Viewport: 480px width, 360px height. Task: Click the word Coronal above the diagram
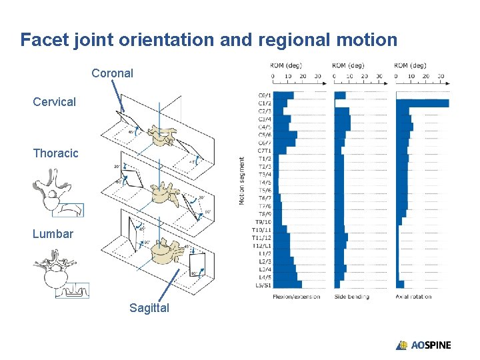pyautogui.click(x=112, y=73)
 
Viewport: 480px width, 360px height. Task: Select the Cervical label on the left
pyautogui.click(x=55, y=102)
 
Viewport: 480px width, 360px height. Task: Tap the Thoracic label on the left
pyautogui.click(x=55, y=153)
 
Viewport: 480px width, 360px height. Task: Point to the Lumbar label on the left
pyautogui.click(x=53, y=234)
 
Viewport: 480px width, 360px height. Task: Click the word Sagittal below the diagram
pyautogui.click(x=149, y=308)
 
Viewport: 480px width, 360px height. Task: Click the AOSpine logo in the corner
pyautogui.click(x=423, y=345)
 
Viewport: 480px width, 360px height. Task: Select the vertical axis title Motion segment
pyautogui.click(x=242, y=181)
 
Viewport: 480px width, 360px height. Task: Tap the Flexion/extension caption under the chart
pyautogui.click(x=296, y=297)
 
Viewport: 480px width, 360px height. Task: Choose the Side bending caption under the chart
pyautogui.click(x=351, y=297)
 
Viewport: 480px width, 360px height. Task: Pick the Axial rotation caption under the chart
pyautogui.click(x=413, y=297)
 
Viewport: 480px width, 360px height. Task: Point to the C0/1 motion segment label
pyautogui.click(x=265, y=95)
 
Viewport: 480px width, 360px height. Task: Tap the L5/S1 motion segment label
pyautogui.click(x=263, y=285)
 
